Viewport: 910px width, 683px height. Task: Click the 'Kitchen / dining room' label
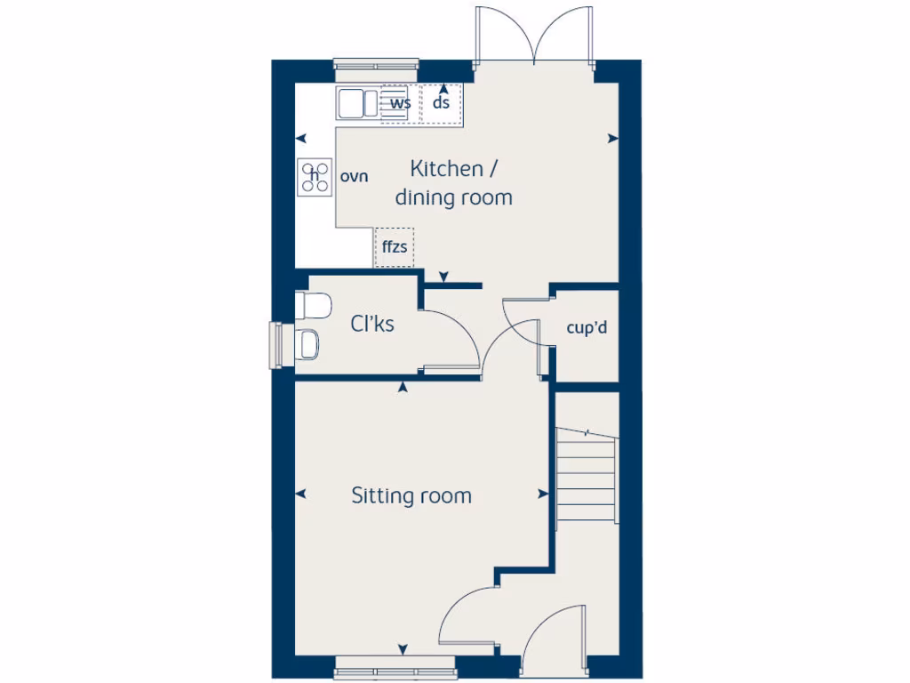point(453,182)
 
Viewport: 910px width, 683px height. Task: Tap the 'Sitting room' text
point(411,495)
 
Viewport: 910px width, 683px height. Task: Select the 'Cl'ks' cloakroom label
point(371,325)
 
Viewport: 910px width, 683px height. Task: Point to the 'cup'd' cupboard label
point(587,328)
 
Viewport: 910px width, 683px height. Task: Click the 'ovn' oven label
point(354,176)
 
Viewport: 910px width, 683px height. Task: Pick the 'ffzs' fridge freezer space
point(394,247)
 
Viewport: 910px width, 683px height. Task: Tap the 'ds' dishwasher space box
point(442,103)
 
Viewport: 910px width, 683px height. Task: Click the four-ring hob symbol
point(314,177)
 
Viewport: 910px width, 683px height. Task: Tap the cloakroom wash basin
point(308,344)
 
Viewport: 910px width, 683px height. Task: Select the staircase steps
point(586,476)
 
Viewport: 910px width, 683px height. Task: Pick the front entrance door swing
point(554,636)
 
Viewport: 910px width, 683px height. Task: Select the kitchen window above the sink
point(376,64)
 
